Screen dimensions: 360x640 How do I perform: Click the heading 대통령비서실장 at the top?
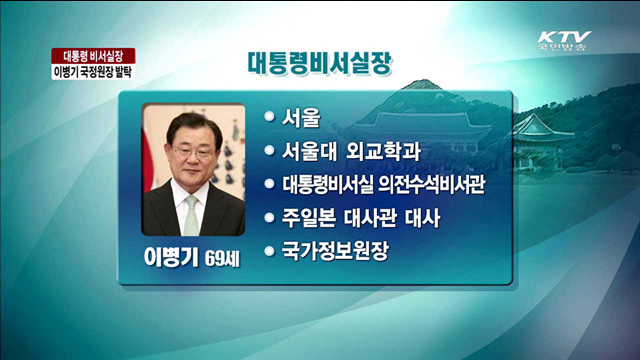[x=319, y=62]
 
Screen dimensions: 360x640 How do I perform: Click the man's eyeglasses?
[x=191, y=155]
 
